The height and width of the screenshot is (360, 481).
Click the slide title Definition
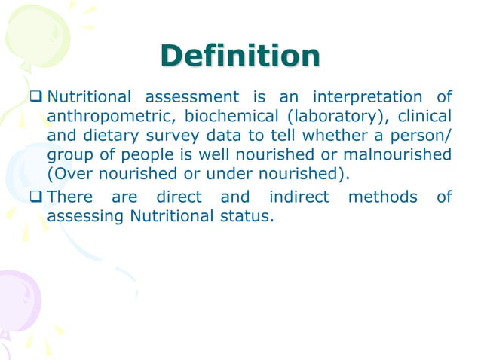tap(240, 56)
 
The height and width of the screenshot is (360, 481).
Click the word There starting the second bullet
tap(71, 197)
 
